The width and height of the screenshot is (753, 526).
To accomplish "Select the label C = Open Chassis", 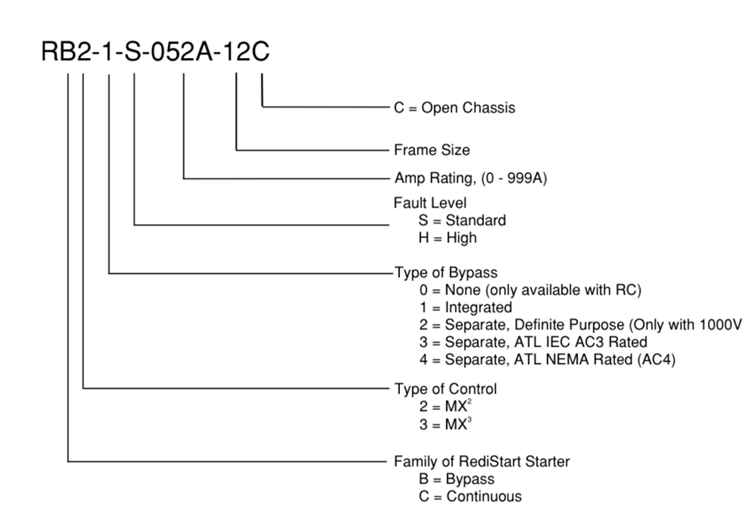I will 455,108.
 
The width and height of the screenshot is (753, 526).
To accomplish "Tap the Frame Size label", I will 431,150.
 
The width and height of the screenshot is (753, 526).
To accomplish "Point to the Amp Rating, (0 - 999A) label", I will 471,178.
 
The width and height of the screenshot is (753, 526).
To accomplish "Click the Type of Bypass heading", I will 445,273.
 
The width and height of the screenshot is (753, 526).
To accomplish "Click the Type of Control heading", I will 445,389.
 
